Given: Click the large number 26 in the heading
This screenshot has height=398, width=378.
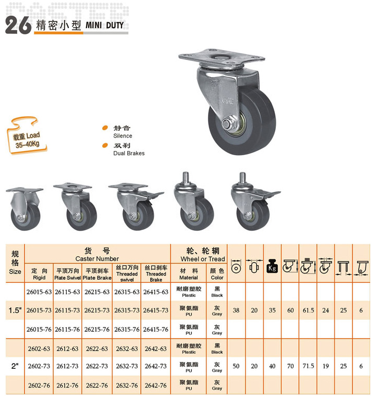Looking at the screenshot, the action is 18,25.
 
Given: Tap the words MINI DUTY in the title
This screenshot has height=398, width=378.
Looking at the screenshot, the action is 105,25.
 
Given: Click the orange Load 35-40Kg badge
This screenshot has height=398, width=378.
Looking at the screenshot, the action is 27,136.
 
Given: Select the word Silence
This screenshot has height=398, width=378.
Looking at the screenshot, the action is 123,136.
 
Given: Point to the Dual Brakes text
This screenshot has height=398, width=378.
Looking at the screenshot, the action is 129,153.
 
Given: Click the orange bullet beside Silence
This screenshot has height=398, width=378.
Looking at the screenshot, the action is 105,128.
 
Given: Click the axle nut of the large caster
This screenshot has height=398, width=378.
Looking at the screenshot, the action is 226,125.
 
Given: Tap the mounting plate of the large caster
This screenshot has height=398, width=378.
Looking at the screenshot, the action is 222,57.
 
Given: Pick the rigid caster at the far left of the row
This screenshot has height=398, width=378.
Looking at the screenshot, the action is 25,209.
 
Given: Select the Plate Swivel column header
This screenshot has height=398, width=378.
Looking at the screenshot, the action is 67,275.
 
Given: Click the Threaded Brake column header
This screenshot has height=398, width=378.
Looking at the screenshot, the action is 156,273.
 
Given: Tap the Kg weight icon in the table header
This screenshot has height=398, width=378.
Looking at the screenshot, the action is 272,266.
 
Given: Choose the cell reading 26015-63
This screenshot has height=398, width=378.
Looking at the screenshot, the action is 39,292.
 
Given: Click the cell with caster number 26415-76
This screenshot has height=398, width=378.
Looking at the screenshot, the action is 156,329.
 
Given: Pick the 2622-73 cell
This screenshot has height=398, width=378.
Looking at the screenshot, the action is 97,366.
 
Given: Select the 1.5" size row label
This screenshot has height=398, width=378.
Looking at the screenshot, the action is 15,310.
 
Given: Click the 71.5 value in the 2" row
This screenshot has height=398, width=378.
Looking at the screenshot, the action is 308,366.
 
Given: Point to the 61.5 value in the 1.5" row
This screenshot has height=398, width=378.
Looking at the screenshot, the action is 308,310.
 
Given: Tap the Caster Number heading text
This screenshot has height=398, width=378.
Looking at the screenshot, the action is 97,259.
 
